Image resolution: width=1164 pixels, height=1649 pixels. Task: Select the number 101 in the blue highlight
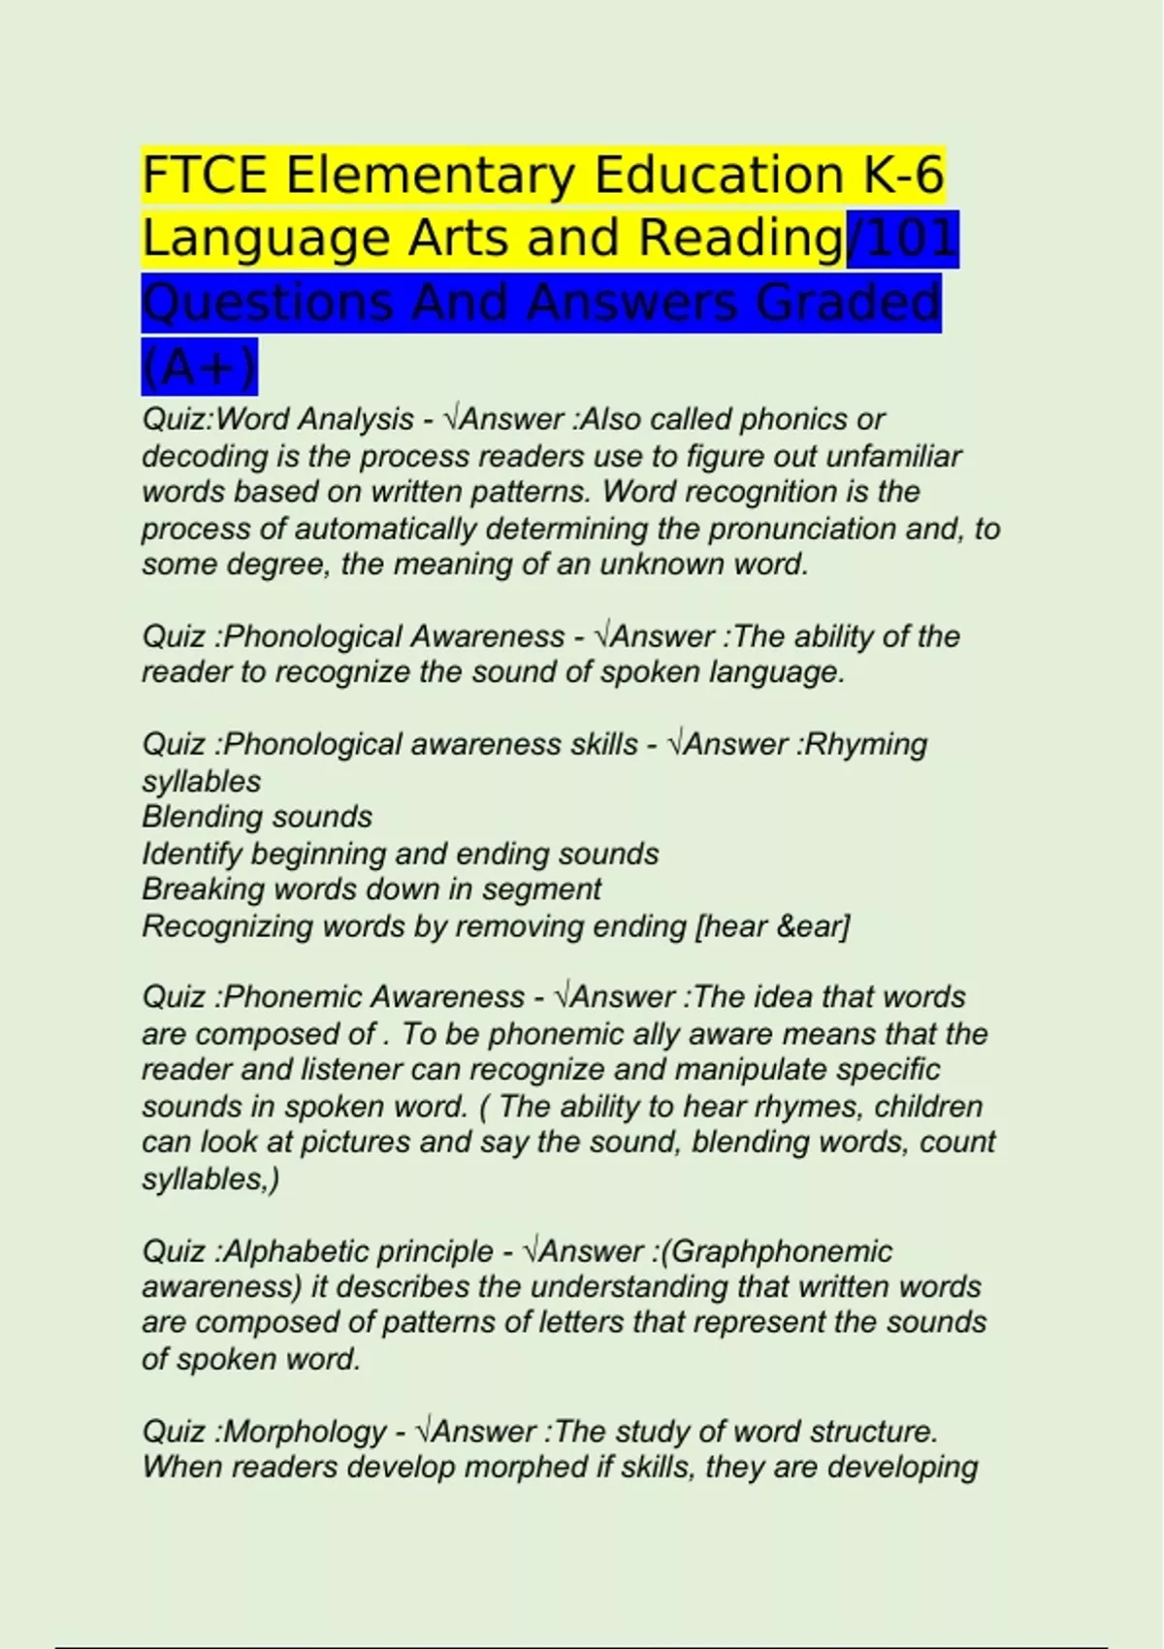(908, 240)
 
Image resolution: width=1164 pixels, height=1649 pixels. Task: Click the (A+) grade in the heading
(200, 367)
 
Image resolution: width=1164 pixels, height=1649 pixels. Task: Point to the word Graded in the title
(847, 303)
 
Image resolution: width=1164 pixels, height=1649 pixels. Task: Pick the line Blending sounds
(257, 817)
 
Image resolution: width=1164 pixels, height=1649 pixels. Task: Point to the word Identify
(191, 855)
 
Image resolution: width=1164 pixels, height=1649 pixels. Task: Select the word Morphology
(305, 1432)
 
